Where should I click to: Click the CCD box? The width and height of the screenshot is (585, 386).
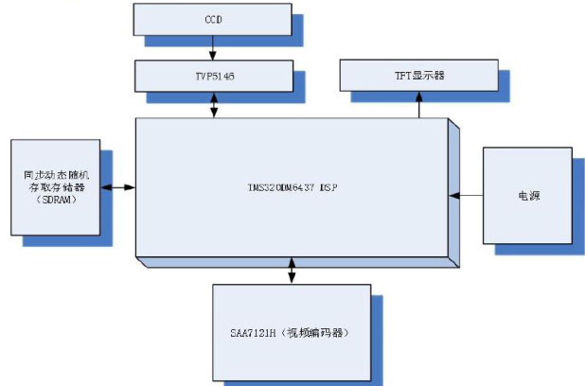pyautogui.click(x=213, y=18)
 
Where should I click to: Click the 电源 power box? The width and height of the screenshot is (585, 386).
pyautogui.click(x=528, y=195)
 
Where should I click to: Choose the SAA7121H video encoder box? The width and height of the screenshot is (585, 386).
pyautogui.click(x=291, y=332)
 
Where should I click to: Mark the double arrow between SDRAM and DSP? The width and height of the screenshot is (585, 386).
pyautogui.click(x=118, y=186)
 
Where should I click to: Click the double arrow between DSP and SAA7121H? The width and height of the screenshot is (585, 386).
pyautogui.click(x=291, y=270)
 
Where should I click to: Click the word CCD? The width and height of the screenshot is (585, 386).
pyautogui.click(x=213, y=18)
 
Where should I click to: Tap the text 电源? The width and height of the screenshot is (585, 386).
pyautogui.click(x=528, y=196)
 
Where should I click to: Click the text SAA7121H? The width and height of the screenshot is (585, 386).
pyautogui.click(x=252, y=333)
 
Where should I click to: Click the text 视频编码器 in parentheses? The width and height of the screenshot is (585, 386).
pyautogui.click(x=319, y=333)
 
